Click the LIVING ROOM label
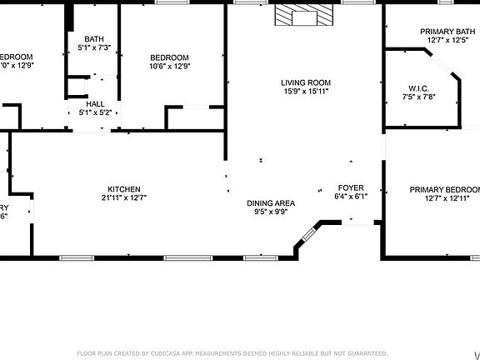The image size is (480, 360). coord(306,82)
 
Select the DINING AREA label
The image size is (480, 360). coord(271,202)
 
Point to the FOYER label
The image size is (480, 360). coord(350,187)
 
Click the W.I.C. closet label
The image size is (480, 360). coord(418,87)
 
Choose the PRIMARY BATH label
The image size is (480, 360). coord(447,31)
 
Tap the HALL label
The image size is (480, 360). coord(95,103)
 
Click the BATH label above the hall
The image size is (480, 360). coord(94,38)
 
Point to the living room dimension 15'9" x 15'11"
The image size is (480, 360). coord(306,92)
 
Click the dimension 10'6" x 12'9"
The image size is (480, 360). coord(170,67)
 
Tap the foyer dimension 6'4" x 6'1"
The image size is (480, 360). coord(350,197)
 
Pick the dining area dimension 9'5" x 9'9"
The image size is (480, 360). coord(271,212)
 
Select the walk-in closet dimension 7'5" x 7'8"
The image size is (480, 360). coord(419,97)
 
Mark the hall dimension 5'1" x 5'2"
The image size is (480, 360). coord(95,112)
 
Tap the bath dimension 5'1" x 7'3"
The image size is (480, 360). coord(94,47)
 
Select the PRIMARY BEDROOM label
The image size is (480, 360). coord(445,189)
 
